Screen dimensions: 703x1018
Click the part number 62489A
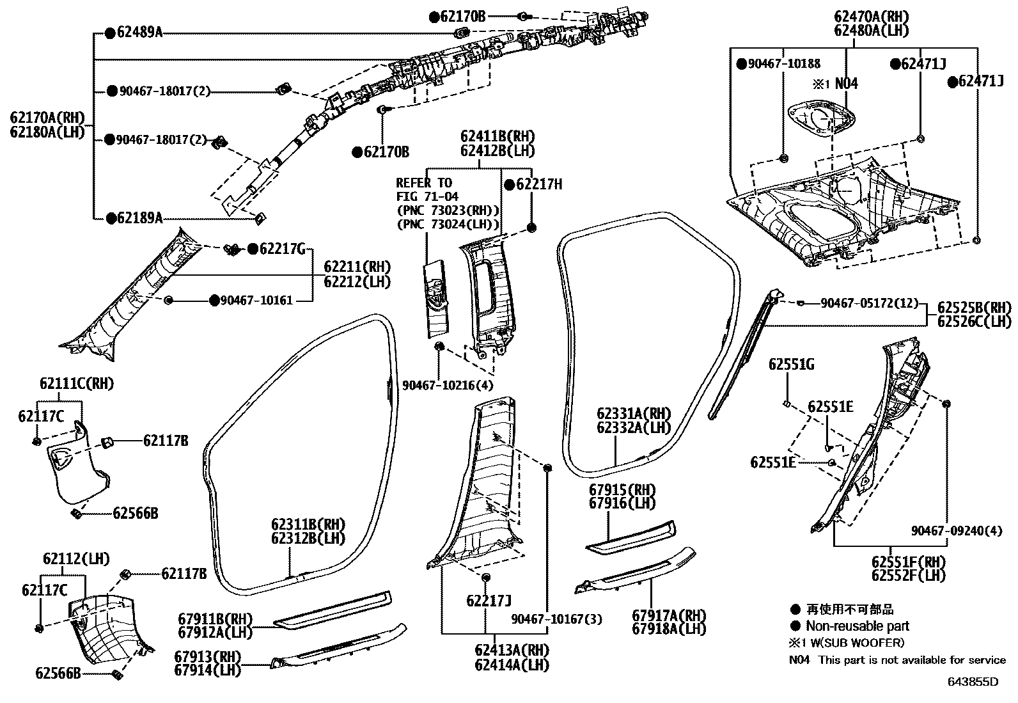pos(139,32)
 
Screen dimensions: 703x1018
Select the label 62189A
pos(139,218)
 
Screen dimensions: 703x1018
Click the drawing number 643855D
pos(973,682)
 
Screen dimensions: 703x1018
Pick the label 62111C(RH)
pos(76,384)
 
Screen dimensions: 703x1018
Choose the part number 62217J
pos(489,600)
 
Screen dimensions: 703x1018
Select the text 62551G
pos(791,365)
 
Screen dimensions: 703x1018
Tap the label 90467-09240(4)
pos(957,530)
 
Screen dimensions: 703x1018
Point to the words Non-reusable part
pos(857,626)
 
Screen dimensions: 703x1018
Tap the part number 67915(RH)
pos(622,490)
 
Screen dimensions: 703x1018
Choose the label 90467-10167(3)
pos(556,619)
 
